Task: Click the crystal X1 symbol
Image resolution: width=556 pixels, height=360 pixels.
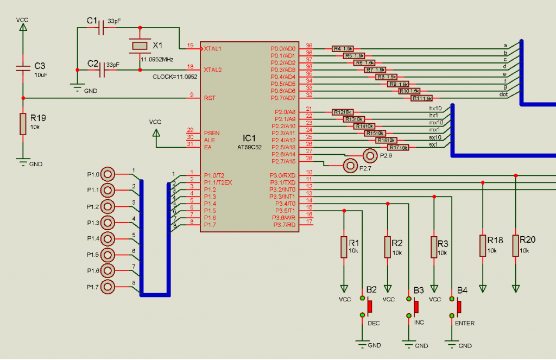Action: pos(140,46)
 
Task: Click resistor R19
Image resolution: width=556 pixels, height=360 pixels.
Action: pos(23,124)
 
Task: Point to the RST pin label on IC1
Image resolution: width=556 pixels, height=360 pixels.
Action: pos(210,98)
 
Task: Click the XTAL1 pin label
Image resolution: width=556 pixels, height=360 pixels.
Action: pos(212,48)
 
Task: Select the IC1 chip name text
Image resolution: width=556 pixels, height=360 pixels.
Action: pos(249,138)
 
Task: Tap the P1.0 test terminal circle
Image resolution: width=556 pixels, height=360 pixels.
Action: pos(108,174)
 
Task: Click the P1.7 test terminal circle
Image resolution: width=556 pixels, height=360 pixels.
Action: pos(108,287)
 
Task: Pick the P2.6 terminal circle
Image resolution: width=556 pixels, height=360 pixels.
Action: pos(370,155)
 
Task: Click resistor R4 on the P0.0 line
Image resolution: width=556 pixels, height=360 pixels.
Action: pos(343,48)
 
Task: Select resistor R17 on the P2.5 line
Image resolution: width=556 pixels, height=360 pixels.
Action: pos(398,148)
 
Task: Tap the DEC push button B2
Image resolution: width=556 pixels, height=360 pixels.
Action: pos(370,307)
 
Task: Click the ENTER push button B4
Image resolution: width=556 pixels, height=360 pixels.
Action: pos(459,307)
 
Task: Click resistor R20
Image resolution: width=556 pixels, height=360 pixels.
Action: pos(516,245)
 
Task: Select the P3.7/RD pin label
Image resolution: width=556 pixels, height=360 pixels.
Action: pos(284,224)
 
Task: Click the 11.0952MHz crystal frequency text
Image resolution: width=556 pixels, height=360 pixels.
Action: pos(157,59)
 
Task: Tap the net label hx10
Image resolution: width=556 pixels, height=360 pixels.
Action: pos(435,109)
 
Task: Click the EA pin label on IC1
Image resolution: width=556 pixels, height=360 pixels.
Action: pos(207,147)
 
